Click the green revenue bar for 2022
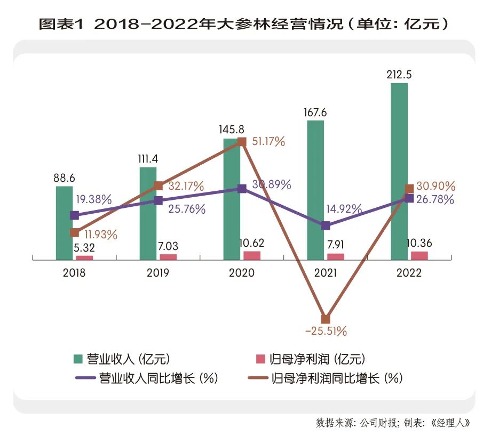pos(399,171)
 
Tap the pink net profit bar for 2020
pos(251,255)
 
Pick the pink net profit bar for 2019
pos(168,257)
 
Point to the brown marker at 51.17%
pos(242,142)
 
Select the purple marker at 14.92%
pos(326,225)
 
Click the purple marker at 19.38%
pos(75,215)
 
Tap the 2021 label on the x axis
pos(325,273)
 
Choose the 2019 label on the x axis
pos(158,273)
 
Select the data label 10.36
pos(419,243)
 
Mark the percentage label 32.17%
pos(187,187)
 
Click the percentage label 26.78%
pos(435,200)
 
